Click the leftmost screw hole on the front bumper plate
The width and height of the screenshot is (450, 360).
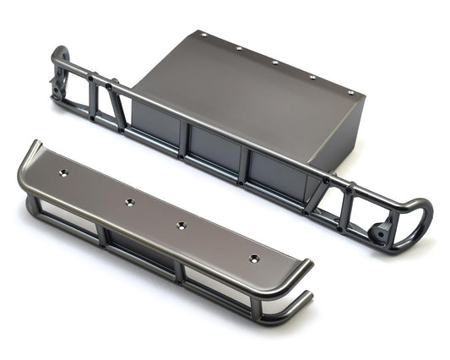tap(62, 172)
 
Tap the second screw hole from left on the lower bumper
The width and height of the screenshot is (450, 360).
tap(129, 202)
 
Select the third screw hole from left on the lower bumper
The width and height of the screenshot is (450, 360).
tap(181, 225)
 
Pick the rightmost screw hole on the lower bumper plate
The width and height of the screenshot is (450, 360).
tap(254, 257)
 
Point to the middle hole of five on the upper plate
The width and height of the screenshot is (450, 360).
tap(274, 63)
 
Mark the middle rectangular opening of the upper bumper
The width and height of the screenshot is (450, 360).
tap(214, 151)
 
